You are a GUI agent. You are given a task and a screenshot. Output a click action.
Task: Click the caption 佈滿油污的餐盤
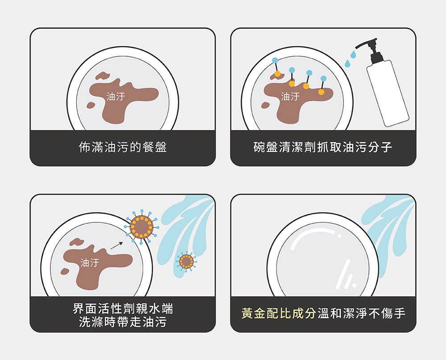tap(122, 147)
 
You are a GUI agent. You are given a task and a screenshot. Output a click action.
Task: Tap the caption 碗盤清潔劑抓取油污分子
tap(323, 147)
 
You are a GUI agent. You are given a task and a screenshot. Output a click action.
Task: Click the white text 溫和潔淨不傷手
tap(362, 313)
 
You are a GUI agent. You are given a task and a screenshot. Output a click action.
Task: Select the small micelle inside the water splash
tap(186, 262)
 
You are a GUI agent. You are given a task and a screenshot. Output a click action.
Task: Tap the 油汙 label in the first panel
tap(116, 96)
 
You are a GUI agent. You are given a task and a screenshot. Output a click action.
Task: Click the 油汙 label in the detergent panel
tap(290, 96)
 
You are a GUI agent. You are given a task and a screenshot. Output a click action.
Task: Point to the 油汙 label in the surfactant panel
tap(90, 263)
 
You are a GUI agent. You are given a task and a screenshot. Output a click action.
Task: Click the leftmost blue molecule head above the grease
tap(275, 60)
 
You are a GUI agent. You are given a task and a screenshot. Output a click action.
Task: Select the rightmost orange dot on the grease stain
tap(321, 92)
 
